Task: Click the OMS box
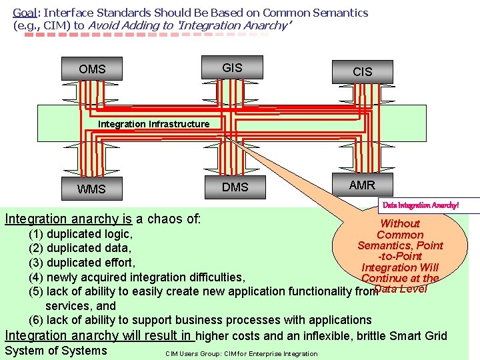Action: click(x=92, y=69)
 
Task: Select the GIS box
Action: click(x=232, y=67)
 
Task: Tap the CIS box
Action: click(x=362, y=71)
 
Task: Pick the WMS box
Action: click(x=91, y=189)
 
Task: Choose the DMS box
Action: click(x=235, y=187)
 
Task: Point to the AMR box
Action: click(x=362, y=185)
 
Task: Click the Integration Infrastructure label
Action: click(x=153, y=124)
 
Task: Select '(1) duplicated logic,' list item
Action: click(x=80, y=234)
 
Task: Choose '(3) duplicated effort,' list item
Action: click(x=81, y=263)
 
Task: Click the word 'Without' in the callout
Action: click(x=400, y=224)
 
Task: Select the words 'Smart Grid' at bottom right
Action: click(x=421, y=335)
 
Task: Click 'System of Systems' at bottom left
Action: click(x=55, y=351)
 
